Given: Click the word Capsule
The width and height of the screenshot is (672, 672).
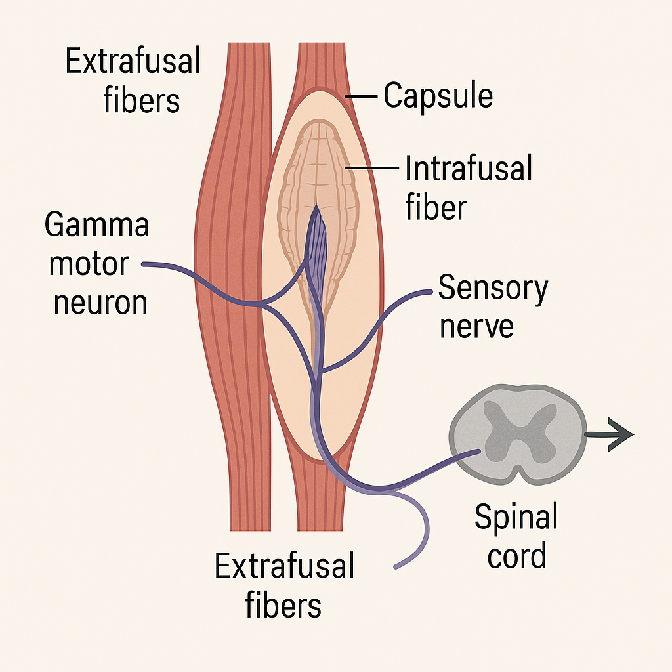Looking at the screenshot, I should [x=438, y=96].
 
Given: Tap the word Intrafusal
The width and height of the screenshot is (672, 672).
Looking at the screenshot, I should [x=468, y=169].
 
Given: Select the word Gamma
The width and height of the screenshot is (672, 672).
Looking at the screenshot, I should [x=97, y=225].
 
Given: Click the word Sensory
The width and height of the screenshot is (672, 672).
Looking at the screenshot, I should [x=493, y=289].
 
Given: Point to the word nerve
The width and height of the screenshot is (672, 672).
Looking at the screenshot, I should [x=476, y=326].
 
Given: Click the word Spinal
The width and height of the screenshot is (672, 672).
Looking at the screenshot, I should [x=516, y=518].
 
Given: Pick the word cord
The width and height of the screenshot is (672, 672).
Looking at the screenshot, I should [x=516, y=556].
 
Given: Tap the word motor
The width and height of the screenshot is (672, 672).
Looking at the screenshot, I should [x=89, y=264].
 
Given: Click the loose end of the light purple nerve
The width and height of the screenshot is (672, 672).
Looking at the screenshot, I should [x=396, y=566].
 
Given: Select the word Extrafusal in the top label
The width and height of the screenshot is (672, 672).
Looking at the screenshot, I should [x=133, y=62].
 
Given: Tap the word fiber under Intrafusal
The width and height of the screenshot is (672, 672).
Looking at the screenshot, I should [x=436, y=207].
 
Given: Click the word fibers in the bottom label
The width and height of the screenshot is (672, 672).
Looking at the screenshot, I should [x=283, y=605].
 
